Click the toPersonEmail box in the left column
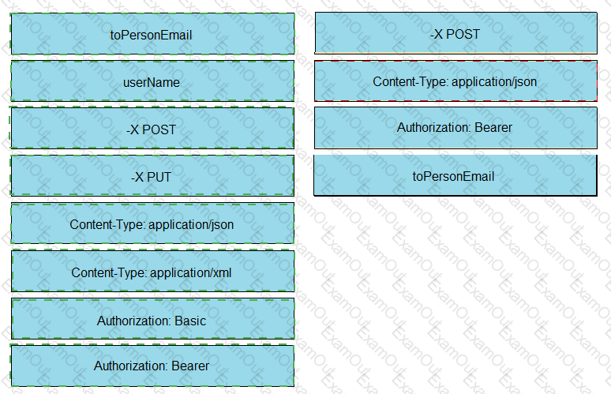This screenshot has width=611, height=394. click(152, 34)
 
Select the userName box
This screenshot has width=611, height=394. click(152, 81)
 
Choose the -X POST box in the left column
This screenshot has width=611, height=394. click(152, 128)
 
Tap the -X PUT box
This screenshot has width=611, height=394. click(152, 175)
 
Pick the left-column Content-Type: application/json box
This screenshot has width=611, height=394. click(152, 223)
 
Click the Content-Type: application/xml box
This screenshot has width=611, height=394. click(152, 271)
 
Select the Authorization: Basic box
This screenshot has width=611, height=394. click(152, 319)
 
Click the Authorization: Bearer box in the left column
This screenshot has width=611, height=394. click(152, 366)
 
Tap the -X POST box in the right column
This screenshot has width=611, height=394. click(455, 33)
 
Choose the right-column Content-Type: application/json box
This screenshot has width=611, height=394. click(455, 81)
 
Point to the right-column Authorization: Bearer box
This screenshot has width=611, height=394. click(455, 128)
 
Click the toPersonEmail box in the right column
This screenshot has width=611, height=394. click(455, 175)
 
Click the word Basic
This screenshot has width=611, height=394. click(190, 321)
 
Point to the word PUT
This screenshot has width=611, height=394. click(159, 178)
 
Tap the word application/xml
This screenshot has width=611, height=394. click(190, 272)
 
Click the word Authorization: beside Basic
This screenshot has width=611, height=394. click(134, 321)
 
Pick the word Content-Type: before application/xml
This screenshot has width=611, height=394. click(109, 272)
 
